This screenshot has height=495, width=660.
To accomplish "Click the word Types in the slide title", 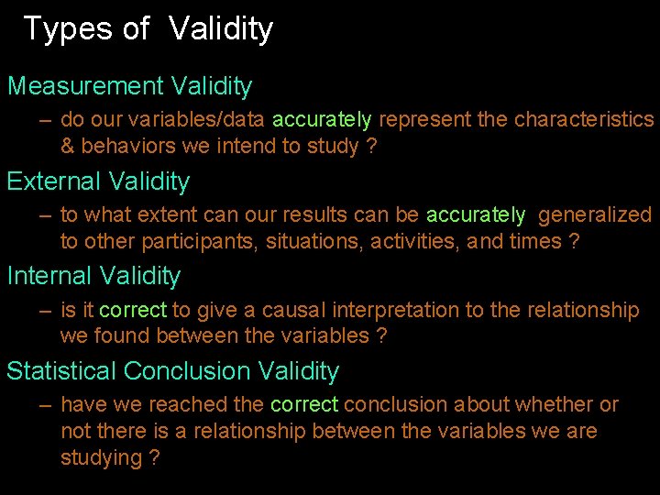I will coord(67,29).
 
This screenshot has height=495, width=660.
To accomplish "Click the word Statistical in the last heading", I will coord(61,371).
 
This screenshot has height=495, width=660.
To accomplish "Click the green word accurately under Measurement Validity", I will coord(322,120).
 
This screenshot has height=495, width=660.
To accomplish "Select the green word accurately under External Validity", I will coord(476,215).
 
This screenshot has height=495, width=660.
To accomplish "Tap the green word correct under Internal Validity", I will coord(133,311).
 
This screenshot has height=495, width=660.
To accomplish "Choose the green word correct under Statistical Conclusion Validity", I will coord(304,405).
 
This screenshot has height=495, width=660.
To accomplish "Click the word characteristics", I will coord(584,120).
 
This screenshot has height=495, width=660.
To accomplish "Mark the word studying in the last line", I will coord(101,458).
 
